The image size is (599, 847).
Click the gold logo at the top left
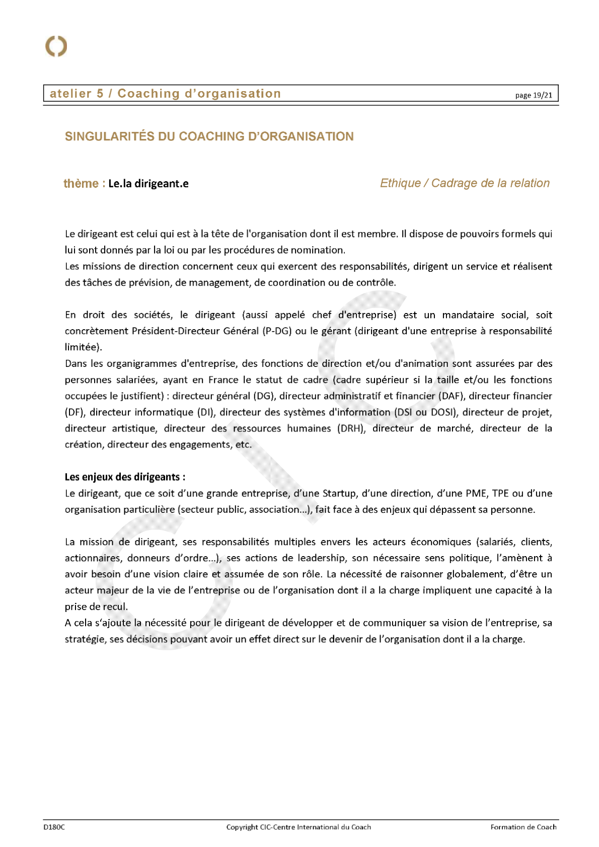click(x=56, y=46)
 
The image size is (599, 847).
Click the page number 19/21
click(x=534, y=95)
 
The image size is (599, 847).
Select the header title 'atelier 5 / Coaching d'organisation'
click(x=165, y=94)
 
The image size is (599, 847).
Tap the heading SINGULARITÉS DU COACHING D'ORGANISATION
click(x=209, y=136)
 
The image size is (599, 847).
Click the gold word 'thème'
click(x=81, y=184)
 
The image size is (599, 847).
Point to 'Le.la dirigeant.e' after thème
click(x=148, y=184)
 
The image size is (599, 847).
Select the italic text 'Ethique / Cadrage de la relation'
click(x=465, y=183)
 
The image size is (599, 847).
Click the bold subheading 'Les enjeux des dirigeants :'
click(x=125, y=477)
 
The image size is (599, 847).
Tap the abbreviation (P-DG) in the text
click(x=277, y=331)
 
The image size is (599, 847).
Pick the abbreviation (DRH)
click(x=351, y=428)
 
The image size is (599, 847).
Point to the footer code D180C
click(x=54, y=827)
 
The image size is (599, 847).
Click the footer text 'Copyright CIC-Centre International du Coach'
click(x=298, y=827)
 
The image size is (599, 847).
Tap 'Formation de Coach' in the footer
click(x=523, y=827)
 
